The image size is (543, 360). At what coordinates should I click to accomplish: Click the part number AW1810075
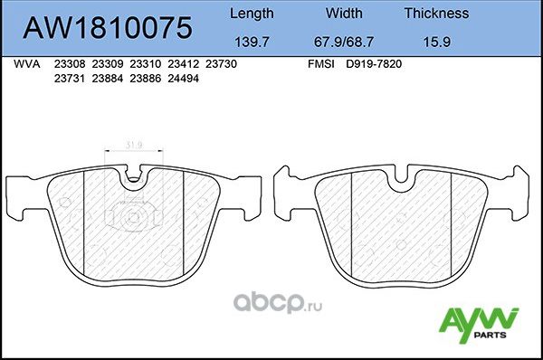tap(107, 27)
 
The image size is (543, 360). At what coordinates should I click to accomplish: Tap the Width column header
tap(344, 14)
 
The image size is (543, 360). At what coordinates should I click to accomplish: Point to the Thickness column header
tap(435, 14)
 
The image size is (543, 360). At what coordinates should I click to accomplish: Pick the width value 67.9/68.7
tap(344, 42)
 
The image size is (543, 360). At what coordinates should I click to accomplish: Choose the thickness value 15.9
tap(435, 42)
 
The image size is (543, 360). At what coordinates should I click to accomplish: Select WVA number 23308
tap(69, 65)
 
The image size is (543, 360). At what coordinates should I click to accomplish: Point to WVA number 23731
tap(69, 79)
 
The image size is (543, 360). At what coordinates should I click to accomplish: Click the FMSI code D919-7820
tap(376, 65)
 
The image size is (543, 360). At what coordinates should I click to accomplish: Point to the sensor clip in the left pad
tap(132, 217)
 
